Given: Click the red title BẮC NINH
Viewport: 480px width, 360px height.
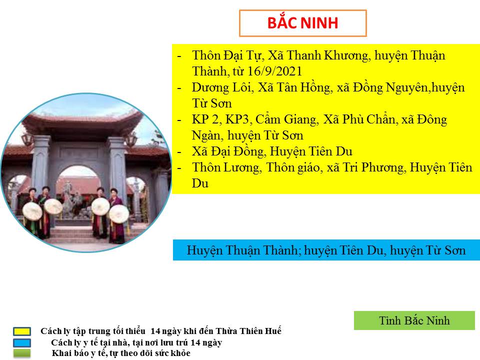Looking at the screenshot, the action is tap(302, 22).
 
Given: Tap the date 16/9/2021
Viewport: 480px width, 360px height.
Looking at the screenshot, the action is tap(274, 71).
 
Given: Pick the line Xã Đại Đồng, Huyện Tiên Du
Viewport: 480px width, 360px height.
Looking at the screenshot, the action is tap(272, 151).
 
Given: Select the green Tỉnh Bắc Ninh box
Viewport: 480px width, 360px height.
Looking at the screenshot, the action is tap(414, 320).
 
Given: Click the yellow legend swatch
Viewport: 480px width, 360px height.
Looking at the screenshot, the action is tap(21, 331).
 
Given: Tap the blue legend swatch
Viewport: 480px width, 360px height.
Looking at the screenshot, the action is tap(21, 342).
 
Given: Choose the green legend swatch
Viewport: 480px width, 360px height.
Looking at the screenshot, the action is tap(21, 353).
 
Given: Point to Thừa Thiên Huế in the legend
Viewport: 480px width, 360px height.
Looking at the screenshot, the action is tap(248, 331).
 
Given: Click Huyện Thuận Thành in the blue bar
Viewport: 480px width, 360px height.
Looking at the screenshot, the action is tap(242, 250).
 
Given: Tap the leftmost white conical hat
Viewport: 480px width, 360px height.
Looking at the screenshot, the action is tap(32, 211).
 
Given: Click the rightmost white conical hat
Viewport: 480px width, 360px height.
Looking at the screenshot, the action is tap(119, 213).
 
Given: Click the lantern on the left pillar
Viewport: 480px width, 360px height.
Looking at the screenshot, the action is tap(27, 139).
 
